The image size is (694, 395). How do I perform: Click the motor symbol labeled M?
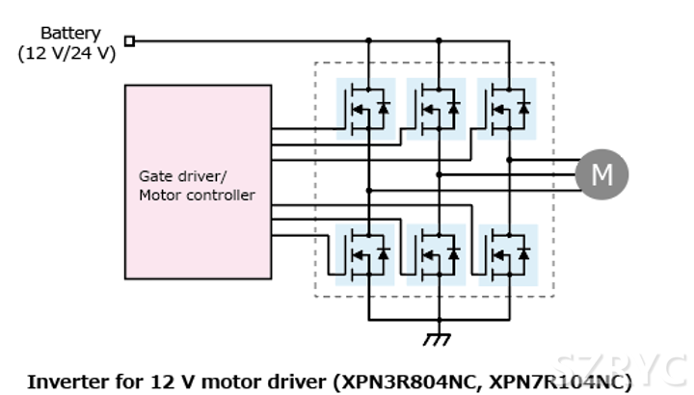tap(601, 174)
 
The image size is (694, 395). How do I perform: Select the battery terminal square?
tap(130, 40)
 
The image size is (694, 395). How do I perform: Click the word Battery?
tap(69, 33)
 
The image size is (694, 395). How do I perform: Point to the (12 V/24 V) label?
tap(67, 53)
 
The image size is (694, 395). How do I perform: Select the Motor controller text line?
tap(197, 195)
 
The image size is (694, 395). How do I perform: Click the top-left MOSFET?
tap(365, 108)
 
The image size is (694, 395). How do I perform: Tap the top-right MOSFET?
tap(508, 108)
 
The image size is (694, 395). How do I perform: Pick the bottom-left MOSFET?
tap(365, 253)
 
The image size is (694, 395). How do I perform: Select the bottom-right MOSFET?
tap(508, 253)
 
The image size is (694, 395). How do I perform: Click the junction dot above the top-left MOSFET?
tap(367, 40)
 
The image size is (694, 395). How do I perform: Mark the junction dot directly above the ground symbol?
tap(439, 320)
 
